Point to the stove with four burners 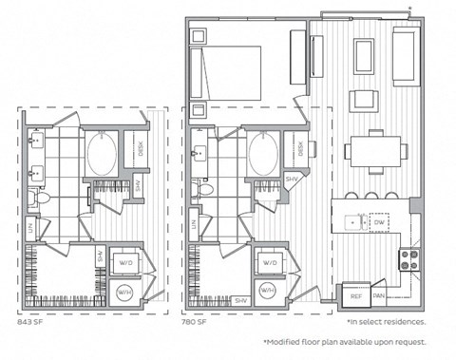[x=409, y=259]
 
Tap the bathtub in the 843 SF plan [x=102, y=153]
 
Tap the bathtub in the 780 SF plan [x=263, y=153]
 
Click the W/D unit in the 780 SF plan [x=269, y=261]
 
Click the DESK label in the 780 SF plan [x=301, y=149]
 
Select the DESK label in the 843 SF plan [x=142, y=149]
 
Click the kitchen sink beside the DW [x=353, y=220]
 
